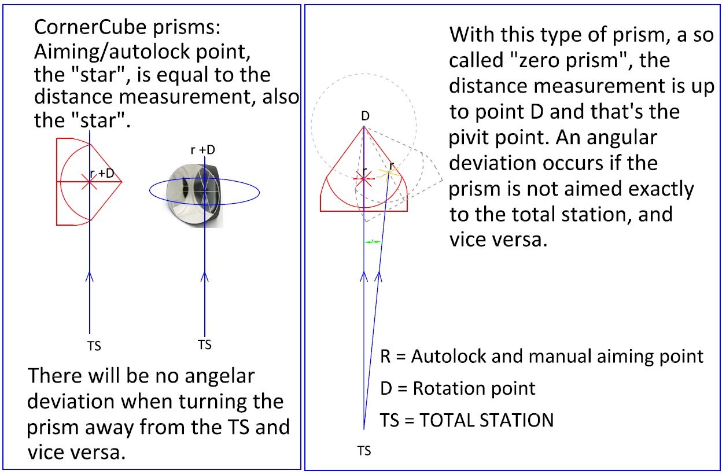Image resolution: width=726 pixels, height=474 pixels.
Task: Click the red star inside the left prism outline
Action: click(89, 182)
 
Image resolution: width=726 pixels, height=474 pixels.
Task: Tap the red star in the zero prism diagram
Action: click(363, 179)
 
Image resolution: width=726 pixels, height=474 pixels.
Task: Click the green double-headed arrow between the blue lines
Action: click(373, 242)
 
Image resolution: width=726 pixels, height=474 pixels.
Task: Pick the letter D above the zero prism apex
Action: click(365, 116)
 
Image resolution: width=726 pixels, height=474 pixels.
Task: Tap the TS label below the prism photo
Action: click(205, 345)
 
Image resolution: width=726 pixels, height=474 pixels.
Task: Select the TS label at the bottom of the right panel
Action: click(364, 451)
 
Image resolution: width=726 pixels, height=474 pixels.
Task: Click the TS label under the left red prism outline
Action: click(94, 346)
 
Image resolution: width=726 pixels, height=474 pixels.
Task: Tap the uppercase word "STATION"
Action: click(510, 420)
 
